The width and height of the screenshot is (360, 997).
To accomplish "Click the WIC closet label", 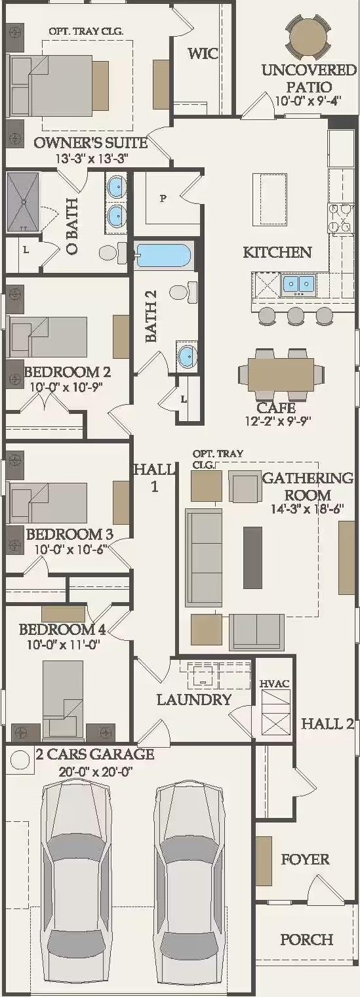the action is [203, 53].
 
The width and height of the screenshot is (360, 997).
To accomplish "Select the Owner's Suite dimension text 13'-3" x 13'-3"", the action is [92, 158].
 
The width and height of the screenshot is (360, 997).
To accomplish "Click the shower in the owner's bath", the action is [22, 202].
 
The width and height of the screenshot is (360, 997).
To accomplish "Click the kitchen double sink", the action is [298, 285].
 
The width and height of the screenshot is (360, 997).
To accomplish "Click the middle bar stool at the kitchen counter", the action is [296, 315].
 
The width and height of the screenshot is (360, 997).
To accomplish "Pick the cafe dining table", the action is [281, 374].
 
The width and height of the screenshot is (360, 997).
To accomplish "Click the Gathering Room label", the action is [308, 486].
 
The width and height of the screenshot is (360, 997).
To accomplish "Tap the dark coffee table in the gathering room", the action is [252, 558].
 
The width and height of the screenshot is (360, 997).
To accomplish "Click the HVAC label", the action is [275, 683].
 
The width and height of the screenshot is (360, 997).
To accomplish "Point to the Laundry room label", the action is [194, 699].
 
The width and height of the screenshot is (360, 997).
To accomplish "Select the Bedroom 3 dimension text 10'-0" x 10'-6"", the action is [70, 549].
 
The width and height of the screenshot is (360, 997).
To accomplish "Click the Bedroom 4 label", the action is [62, 630].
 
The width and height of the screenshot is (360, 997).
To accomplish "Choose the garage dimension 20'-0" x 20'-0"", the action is [96, 771].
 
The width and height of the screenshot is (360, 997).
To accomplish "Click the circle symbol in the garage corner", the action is [19, 760].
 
